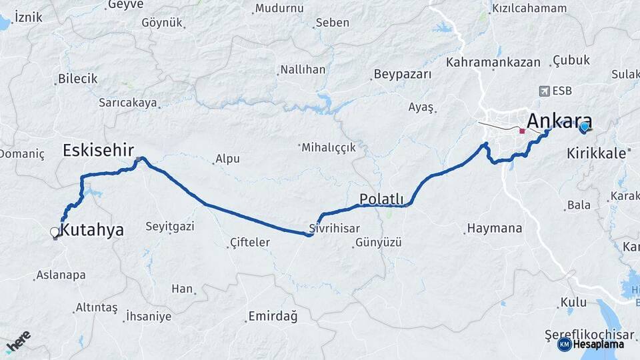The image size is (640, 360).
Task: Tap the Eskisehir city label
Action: [x=99, y=150]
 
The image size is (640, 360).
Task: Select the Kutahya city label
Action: [x=92, y=230]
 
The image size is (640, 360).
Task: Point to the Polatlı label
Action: [x=381, y=199]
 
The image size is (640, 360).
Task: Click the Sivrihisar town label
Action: [x=339, y=228]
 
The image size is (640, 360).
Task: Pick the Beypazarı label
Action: [x=403, y=74]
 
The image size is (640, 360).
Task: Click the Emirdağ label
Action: [x=273, y=315]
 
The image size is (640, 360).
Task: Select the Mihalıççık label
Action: [x=329, y=147]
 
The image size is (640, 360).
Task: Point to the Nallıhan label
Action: [x=303, y=69]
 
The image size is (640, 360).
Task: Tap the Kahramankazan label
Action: [x=493, y=62]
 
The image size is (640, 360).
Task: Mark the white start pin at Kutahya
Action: [x=55, y=233]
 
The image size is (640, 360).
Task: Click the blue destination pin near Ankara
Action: [x=585, y=127]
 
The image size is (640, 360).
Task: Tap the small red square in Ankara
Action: [x=522, y=131]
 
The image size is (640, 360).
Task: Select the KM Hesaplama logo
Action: [x=591, y=344]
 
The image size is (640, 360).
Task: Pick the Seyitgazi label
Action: [x=170, y=227]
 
